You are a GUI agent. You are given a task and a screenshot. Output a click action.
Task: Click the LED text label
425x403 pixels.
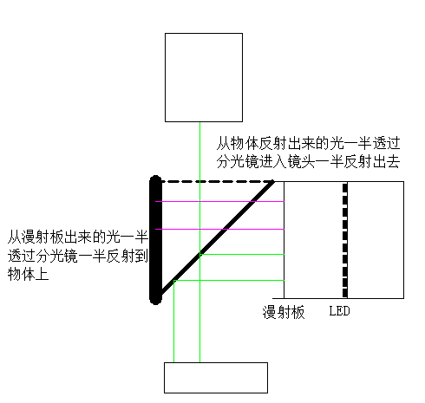(339, 311)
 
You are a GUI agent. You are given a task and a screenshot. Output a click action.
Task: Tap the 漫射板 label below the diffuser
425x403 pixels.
(284, 312)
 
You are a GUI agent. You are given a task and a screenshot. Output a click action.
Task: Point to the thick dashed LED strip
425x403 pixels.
(345, 240)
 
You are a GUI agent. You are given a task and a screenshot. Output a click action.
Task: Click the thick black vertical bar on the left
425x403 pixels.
(155, 240)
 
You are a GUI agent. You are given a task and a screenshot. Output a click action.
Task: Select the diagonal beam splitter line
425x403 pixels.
(218, 237)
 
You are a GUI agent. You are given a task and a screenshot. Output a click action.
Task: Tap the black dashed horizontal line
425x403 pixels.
(218, 182)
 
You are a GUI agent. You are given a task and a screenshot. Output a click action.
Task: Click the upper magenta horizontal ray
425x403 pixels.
(219, 201)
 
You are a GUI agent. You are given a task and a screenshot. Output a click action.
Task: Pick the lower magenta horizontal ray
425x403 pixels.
(219, 229)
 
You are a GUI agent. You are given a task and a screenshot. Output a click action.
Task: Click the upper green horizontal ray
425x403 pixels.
(242, 255)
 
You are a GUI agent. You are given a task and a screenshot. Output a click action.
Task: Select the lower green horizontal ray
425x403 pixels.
(229, 280)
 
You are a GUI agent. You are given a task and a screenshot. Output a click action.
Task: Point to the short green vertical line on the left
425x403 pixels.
(173, 322)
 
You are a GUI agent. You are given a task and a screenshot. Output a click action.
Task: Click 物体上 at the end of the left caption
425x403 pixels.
(28, 274)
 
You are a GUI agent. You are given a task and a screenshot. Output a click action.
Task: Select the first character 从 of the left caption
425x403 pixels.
(15, 237)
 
